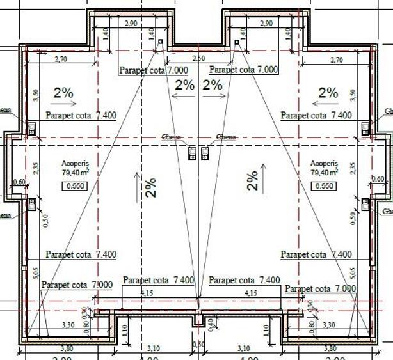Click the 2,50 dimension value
198,58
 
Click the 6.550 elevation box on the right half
323,186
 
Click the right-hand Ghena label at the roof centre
226,137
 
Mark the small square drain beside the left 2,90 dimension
160,42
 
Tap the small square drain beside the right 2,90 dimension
237,42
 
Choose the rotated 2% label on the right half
253,181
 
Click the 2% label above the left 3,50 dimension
64,92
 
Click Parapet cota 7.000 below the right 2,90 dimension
244,69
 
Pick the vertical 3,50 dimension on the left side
36,94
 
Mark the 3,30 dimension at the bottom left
68,325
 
